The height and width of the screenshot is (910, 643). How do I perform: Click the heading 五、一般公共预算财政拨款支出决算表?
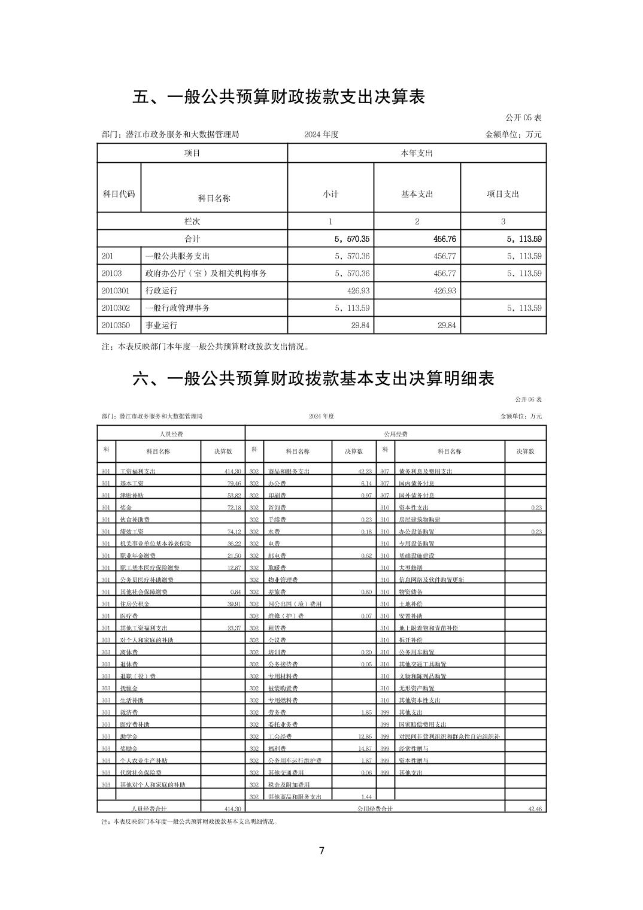pos(278,97)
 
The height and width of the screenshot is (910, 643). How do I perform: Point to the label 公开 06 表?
pos(528,399)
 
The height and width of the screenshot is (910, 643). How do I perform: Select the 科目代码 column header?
pos(119,194)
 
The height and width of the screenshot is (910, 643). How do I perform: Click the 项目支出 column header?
pos(503,194)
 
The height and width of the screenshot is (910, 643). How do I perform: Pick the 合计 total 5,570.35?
pos(352,239)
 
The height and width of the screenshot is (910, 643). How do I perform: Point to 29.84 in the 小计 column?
pos(358,325)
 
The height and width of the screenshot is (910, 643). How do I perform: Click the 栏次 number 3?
pos(503,222)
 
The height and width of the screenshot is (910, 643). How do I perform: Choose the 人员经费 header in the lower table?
pos(171,434)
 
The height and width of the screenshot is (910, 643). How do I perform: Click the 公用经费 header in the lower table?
pos(395,434)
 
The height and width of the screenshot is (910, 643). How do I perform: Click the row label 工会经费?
pos(279,736)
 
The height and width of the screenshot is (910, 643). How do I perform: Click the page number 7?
pos(321,851)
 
